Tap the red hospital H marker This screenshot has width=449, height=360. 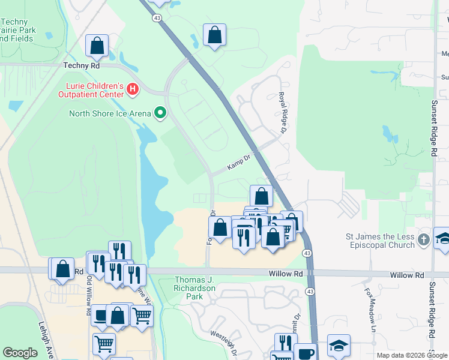coord(133,91)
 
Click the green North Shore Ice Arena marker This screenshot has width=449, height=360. coord(160,112)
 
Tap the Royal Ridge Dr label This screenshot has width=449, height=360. coord(281,112)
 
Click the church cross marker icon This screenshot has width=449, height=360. coord(424,239)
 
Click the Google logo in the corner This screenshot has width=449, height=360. coord(20,353)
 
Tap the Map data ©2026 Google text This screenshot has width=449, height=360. coord(411,355)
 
